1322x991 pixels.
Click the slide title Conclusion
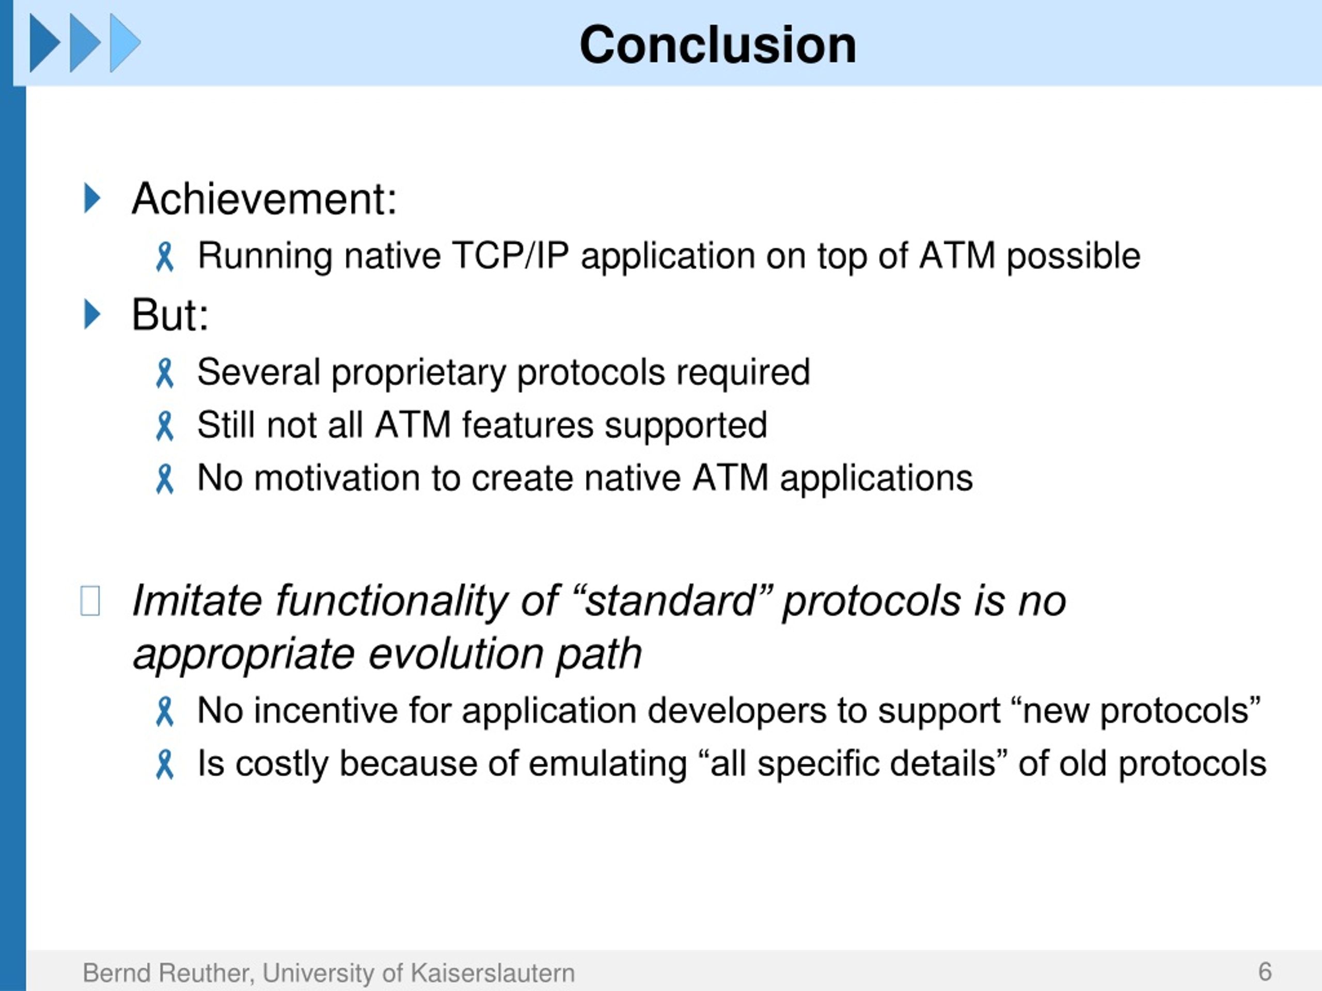(717, 45)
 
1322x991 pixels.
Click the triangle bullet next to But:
(92, 314)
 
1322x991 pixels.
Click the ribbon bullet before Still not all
(164, 426)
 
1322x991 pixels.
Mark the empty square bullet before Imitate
(90, 600)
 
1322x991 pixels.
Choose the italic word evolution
(455, 653)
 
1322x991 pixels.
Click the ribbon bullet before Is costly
(164, 764)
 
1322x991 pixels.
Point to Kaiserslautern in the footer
(492, 973)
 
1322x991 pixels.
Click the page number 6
(1265, 972)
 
